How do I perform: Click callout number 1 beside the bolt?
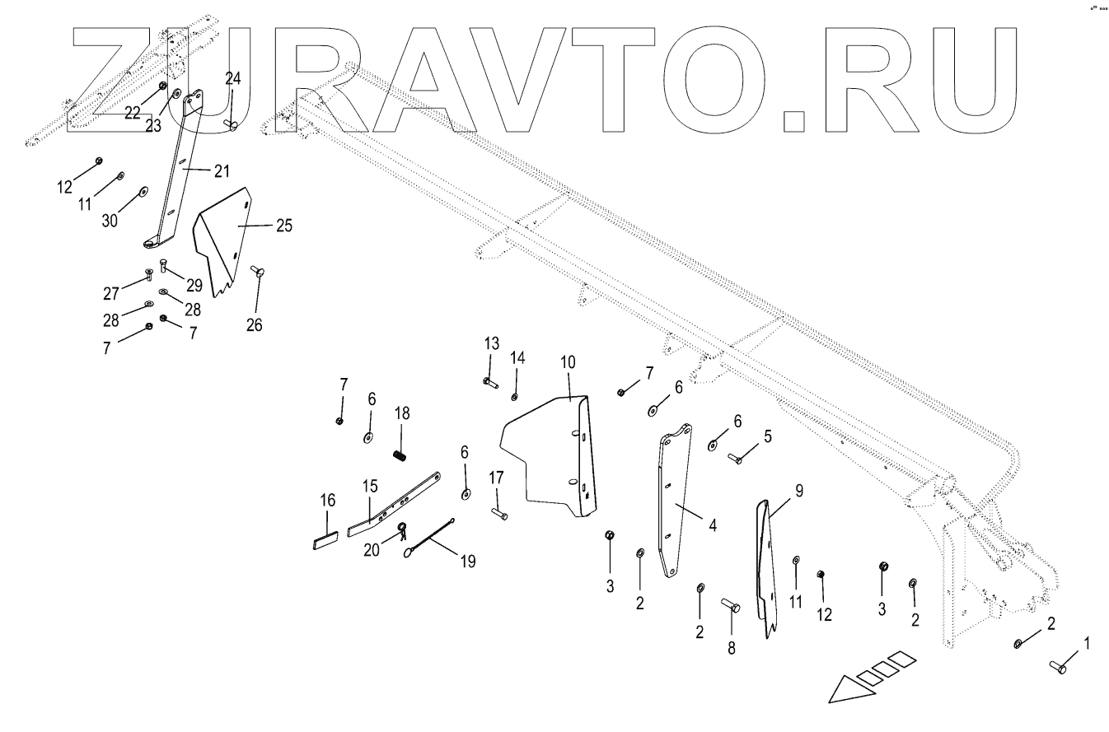coord(1085,642)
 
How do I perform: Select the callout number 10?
coord(569,362)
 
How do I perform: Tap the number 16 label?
coord(327,500)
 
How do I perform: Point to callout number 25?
coord(283,225)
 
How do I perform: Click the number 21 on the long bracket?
coord(220,170)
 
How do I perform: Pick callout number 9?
coord(798,492)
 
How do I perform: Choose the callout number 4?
coord(712,523)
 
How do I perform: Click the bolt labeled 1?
coord(1057,665)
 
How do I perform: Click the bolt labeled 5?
coord(736,459)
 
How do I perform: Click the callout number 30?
coord(110,221)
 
